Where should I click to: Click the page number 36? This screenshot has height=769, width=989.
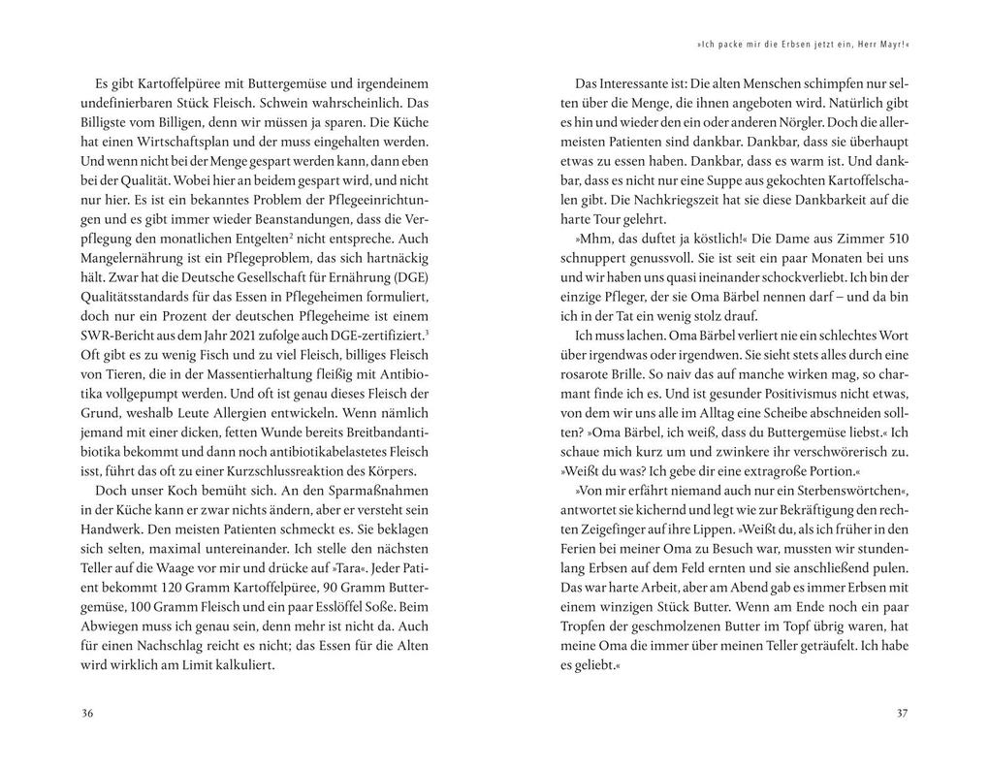tap(87, 714)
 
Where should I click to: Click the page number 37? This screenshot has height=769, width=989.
tap(902, 714)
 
